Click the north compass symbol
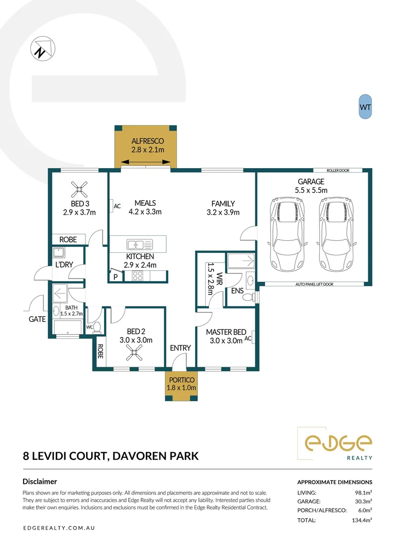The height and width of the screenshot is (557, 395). coord(43,48)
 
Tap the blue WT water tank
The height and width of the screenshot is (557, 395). coord(365,107)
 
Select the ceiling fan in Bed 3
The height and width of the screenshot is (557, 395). coord(79,189)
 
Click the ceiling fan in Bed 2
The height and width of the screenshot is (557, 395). coord(134,352)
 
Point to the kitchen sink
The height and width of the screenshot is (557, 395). coord(140,244)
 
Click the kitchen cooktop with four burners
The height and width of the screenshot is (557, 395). coord(138,275)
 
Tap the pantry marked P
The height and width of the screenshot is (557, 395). coord(115,276)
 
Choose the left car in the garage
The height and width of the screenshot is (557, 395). coord(287,234)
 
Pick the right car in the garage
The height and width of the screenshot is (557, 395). coord(336,234)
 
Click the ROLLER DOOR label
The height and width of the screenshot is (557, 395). coord(338,171)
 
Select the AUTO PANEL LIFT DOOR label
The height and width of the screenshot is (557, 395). coord(315,284)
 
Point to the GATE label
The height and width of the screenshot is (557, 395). coord(37,319)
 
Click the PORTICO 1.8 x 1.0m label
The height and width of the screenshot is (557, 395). coord(181,384)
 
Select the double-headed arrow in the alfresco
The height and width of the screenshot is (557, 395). coord(146,162)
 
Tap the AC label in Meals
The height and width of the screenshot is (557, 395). coord(117,206)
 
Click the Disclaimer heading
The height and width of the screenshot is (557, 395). coord(40,481)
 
